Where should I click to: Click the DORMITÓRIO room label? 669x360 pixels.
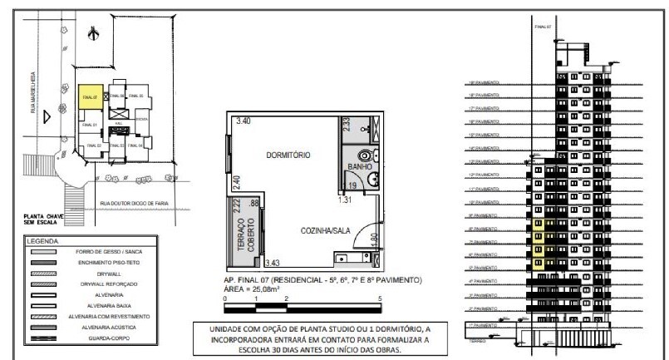click(x=288, y=155)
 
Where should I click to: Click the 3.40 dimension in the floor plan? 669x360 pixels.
click(x=243, y=121)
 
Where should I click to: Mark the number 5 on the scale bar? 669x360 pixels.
click(x=380, y=297)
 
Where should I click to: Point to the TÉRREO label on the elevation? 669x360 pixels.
click(x=476, y=340)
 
